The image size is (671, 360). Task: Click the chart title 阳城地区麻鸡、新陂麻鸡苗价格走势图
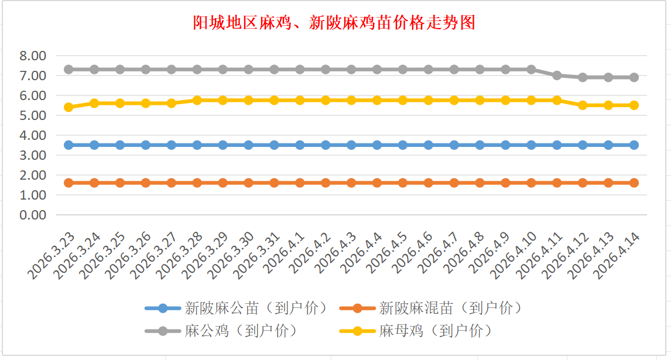pyautogui.click(x=334, y=23)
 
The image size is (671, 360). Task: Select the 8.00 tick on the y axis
pyautogui.click(x=32, y=56)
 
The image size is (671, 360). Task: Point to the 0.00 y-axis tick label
pyautogui.click(x=32, y=215)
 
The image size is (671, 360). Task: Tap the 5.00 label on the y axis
pyautogui.click(x=32, y=115)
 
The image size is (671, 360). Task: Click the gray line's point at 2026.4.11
pyautogui.click(x=557, y=75)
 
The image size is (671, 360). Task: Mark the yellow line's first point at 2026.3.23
pyautogui.click(x=69, y=107)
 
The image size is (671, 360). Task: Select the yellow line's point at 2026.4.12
pyautogui.click(x=583, y=105)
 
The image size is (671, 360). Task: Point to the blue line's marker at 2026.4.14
pyautogui.click(x=634, y=145)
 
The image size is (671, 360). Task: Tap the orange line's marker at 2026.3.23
pyautogui.click(x=69, y=183)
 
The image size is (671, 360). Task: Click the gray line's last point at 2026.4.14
pyautogui.click(x=634, y=77)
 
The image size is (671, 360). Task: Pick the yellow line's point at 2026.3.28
pyautogui.click(x=197, y=100)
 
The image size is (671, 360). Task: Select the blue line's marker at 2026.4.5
pyautogui.click(x=403, y=145)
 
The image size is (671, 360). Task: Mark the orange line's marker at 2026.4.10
pyautogui.click(x=531, y=183)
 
